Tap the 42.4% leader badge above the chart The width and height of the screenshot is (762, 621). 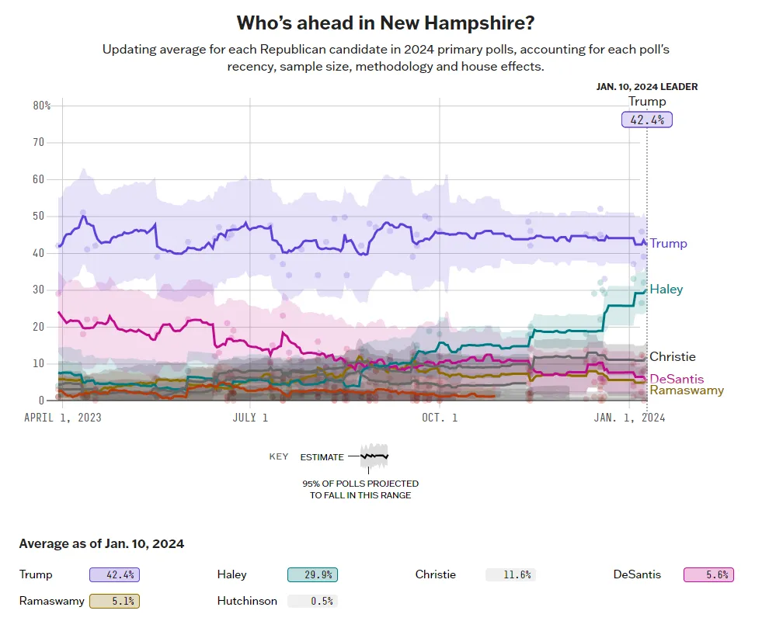pyautogui.click(x=646, y=120)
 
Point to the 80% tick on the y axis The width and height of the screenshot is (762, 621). pyautogui.click(x=41, y=106)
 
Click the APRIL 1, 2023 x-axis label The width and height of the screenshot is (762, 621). pyautogui.click(x=62, y=417)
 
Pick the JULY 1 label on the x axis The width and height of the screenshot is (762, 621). pyautogui.click(x=249, y=417)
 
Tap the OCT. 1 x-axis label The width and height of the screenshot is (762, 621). pyautogui.click(x=440, y=417)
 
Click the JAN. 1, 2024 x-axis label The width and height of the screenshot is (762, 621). pyautogui.click(x=629, y=417)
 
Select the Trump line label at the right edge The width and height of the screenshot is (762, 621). pyautogui.click(x=668, y=244)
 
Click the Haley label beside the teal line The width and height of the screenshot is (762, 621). pyautogui.click(x=666, y=290)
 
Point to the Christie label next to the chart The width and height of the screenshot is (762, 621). pyautogui.click(x=672, y=357)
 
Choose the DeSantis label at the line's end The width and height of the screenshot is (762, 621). pyautogui.click(x=677, y=379)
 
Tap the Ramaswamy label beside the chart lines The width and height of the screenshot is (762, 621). pyautogui.click(x=687, y=390)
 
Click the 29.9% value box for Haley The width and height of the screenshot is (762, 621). pyautogui.click(x=312, y=575)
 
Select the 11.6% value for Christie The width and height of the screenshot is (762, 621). pyautogui.click(x=510, y=575)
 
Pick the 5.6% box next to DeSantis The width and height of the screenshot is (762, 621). pyautogui.click(x=708, y=575)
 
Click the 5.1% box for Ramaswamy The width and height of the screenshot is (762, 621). pyautogui.click(x=114, y=601)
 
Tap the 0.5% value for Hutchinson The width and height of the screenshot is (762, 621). pyautogui.click(x=312, y=601)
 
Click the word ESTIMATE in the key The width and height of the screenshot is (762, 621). pyautogui.click(x=322, y=457)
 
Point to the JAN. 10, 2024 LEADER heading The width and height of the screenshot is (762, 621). pyautogui.click(x=646, y=87)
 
